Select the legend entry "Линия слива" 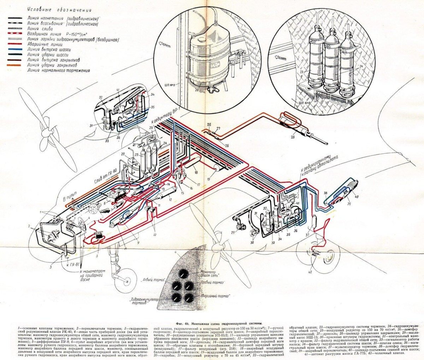click(x=40, y=28)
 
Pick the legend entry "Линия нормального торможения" click(x=58, y=71)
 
